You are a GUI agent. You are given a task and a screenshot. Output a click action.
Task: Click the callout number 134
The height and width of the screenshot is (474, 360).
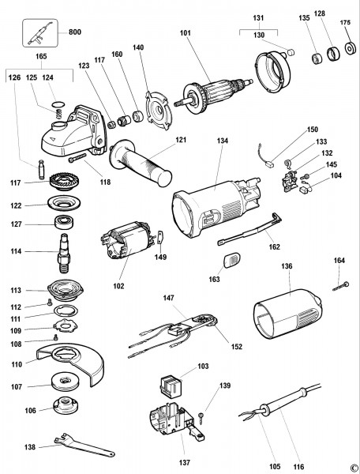pyautogui.click(x=222, y=141)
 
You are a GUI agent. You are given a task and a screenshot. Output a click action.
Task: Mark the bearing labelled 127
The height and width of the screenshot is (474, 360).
pyautogui.click(x=63, y=224)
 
